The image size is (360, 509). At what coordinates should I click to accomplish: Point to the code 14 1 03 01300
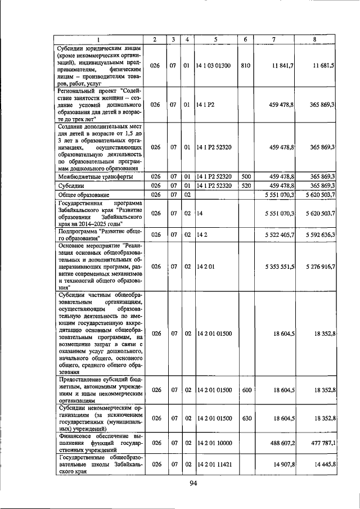click(x=214, y=66)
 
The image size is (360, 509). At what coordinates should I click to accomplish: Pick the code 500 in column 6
click(x=245, y=177)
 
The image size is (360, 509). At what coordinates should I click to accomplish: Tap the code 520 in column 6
click(x=245, y=186)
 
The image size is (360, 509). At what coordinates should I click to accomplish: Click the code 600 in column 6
click(x=245, y=389)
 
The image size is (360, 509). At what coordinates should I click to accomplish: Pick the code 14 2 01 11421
click(x=214, y=465)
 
